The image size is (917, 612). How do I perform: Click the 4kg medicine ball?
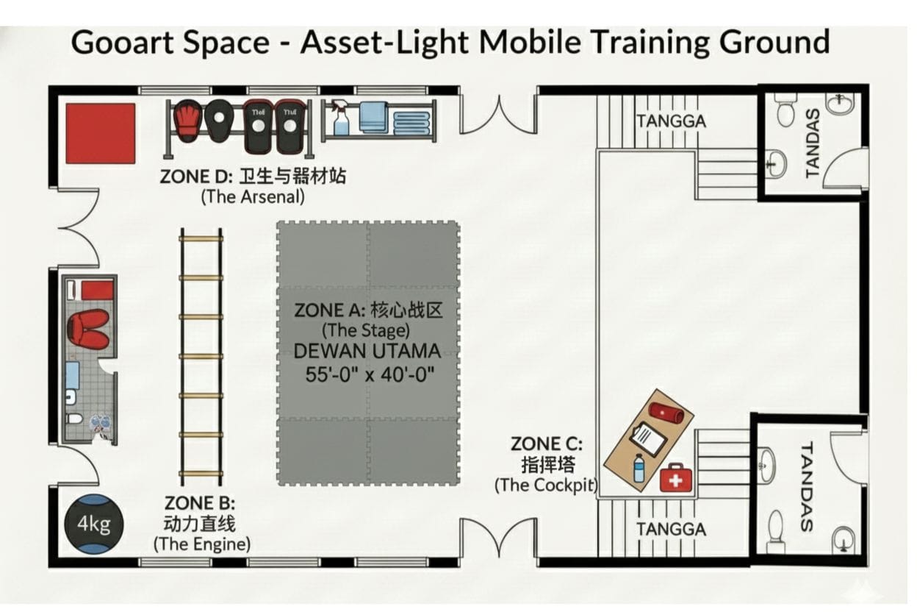[94, 524]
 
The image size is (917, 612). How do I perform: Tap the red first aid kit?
[675, 477]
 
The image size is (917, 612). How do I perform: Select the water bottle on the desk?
[639, 468]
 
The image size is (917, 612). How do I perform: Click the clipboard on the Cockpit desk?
[648, 438]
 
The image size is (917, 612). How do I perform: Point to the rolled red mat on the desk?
[666, 412]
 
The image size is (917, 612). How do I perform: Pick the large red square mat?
[101, 133]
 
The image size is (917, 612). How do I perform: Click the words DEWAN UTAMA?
[367, 352]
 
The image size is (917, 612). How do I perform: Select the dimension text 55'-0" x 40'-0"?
[370, 374]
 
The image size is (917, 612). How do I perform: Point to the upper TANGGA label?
[672, 121]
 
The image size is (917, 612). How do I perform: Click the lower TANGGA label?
[672, 529]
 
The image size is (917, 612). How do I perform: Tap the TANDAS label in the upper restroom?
[813, 143]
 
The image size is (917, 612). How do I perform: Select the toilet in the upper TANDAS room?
[785, 109]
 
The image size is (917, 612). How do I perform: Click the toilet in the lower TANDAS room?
[776, 532]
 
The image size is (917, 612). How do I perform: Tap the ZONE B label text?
[200, 503]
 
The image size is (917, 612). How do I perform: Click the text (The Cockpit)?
[546, 485]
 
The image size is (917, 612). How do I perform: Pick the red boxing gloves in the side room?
[88, 328]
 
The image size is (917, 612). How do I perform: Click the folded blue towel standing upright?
[374, 118]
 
